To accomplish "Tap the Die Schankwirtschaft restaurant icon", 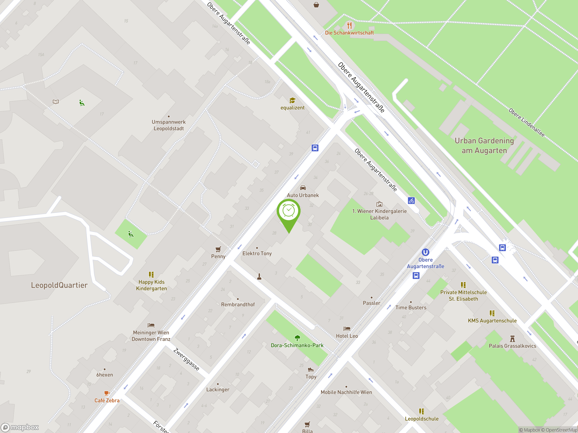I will click(x=349, y=25).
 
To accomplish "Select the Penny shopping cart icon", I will click(x=218, y=249).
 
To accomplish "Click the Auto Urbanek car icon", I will click(x=303, y=188).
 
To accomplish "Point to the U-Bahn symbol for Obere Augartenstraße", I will click(x=425, y=252).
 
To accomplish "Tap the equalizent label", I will click(x=292, y=108).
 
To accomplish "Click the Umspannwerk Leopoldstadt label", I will click(x=168, y=125).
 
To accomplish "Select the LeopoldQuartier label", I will click(x=59, y=285).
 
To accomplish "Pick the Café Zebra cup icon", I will click(x=107, y=393).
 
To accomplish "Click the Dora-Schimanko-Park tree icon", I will click(x=297, y=338).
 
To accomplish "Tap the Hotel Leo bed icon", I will click(x=347, y=329).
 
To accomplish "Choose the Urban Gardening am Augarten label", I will click(x=484, y=146).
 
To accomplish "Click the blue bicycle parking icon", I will click(x=411, y=200).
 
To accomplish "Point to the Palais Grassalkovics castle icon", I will click(x=513, y=339).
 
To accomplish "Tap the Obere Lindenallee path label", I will click(x=527, y=122).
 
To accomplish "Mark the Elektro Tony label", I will click(x=257, y=253).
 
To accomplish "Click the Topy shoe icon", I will click(x=311, y=369).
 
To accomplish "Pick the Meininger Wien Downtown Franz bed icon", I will click(x=151, y=325).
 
